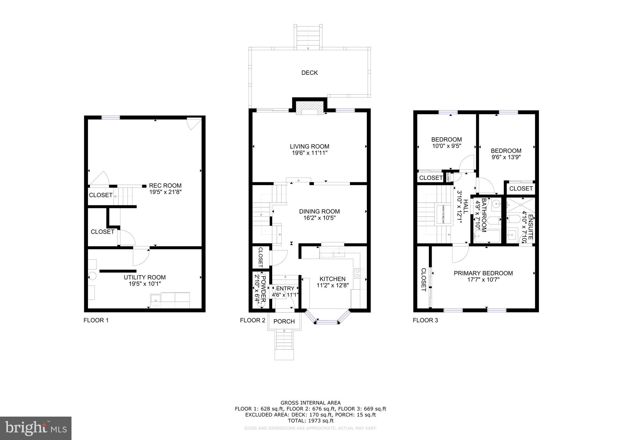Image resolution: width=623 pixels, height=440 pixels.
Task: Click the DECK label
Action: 309,73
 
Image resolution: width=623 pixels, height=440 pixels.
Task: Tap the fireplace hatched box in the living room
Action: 309,108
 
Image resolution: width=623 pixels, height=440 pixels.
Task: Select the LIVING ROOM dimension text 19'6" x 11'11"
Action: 309,153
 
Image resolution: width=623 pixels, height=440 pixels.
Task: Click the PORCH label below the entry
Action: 284,321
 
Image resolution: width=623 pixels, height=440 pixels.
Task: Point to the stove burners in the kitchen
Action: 359,273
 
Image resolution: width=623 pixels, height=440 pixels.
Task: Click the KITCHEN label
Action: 332,279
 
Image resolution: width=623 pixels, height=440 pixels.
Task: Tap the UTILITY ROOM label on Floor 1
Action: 144,277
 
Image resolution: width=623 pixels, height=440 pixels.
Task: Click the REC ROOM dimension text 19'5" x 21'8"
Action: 165,192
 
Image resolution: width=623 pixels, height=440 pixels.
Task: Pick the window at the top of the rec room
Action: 110,118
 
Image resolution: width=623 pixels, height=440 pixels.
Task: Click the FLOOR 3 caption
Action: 425,320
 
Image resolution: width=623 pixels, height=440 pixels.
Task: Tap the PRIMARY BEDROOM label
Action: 483,273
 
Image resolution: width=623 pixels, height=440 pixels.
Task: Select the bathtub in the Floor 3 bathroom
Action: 487,236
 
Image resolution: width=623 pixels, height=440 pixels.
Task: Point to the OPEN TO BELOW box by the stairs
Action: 443,215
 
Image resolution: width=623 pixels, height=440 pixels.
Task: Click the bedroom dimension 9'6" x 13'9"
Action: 506,157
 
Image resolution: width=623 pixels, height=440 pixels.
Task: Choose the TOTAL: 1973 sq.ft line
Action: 311,421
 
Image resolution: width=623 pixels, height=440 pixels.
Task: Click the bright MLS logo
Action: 36,428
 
